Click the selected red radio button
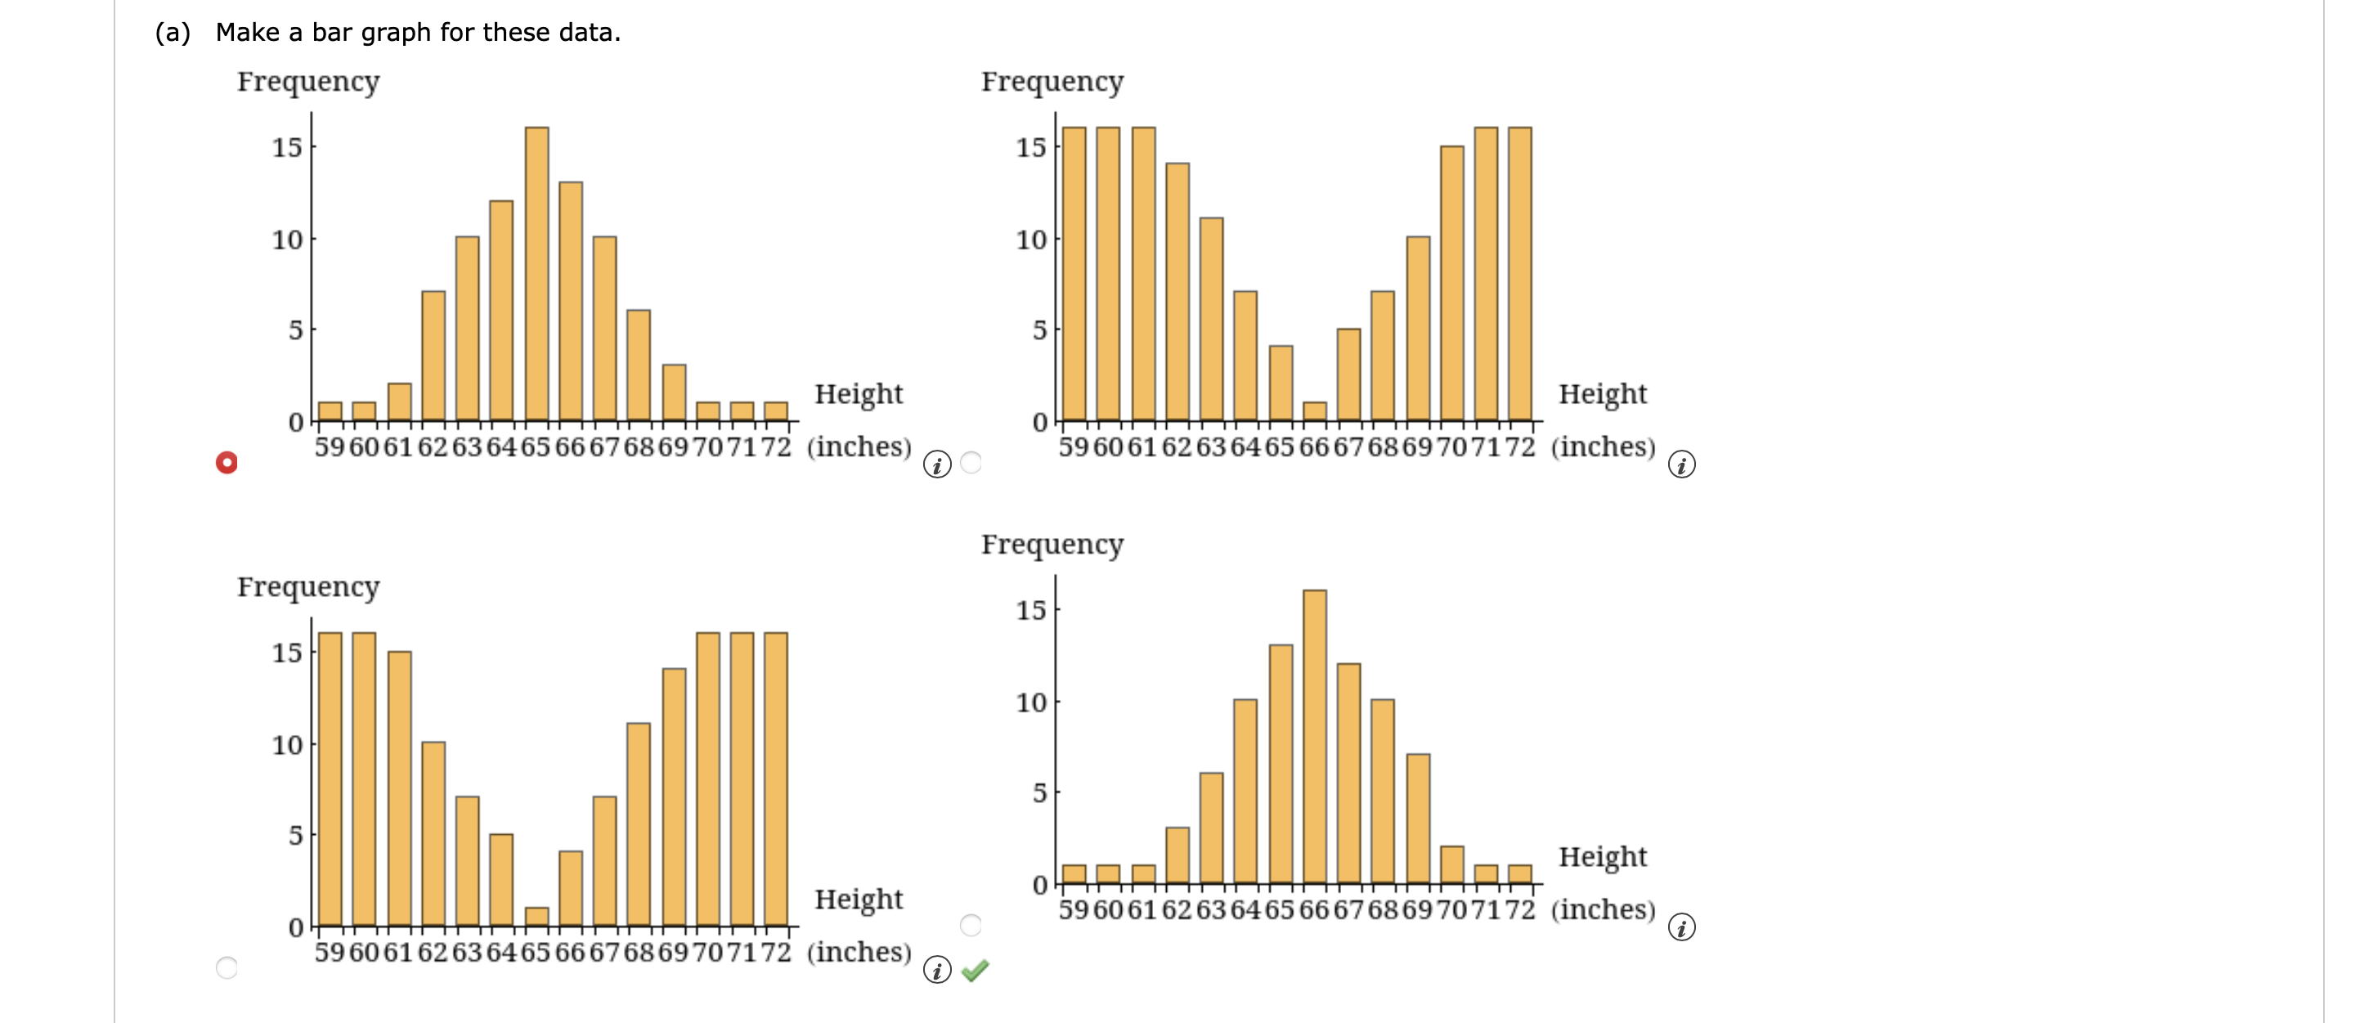227,463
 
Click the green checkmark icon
976,970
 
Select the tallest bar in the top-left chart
536,273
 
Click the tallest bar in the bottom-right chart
1315,737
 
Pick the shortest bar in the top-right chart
1315,411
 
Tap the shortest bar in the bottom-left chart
536,917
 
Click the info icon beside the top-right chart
1681,464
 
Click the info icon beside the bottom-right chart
1681,927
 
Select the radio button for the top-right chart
971,463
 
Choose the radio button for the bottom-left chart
227,967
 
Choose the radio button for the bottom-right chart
971,925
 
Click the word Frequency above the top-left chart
308,81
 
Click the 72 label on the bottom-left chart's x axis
775,952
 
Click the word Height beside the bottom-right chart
1602,857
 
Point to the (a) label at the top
173,33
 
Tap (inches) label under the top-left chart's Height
859,447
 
